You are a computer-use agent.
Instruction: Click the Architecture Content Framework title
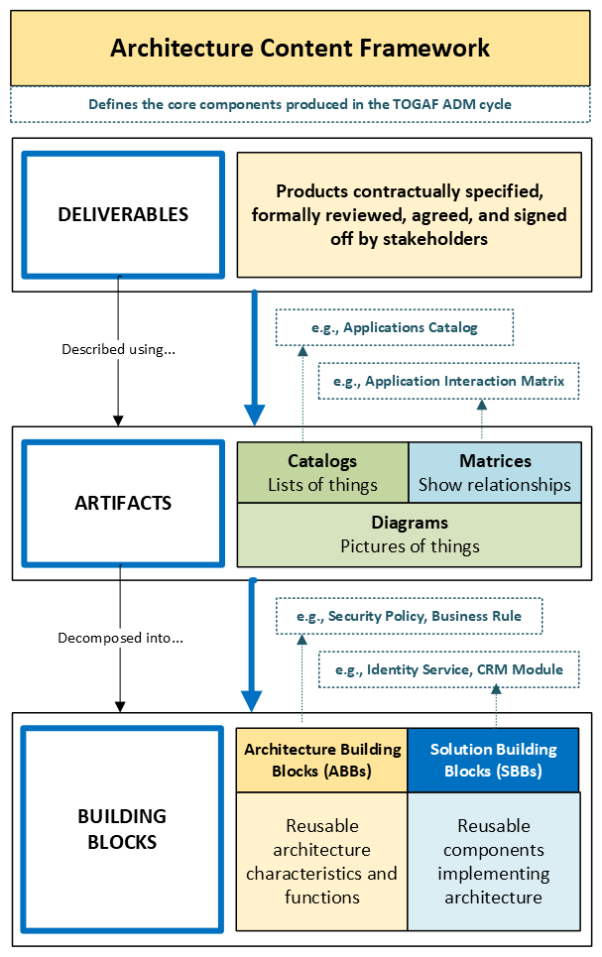(301, 48)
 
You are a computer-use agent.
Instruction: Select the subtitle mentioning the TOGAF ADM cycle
(301, 104)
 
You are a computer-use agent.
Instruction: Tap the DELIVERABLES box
(123, 214)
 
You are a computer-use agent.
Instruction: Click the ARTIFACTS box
(123, 503)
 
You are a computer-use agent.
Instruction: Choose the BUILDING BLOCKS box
(123, 829)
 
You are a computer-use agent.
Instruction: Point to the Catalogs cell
(322, 473)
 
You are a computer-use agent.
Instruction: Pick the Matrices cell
(495, 473)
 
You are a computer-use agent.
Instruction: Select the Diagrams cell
(410, 535)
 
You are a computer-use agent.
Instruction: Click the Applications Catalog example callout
(394, 326)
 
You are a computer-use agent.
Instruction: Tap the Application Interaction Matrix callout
(448, 381)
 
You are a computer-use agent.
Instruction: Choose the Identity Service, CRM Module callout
(448, 669)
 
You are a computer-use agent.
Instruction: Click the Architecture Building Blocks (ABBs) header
(322, 760)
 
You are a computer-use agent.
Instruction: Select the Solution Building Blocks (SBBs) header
(493, 760)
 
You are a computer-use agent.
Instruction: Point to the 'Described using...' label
(120, 349)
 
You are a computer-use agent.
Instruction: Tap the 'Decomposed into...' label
(120, 638)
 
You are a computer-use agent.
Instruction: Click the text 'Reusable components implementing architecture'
(493, 861)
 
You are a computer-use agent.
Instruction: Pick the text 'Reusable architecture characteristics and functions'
(322, 861)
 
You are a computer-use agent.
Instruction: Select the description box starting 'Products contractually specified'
(409, 214)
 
